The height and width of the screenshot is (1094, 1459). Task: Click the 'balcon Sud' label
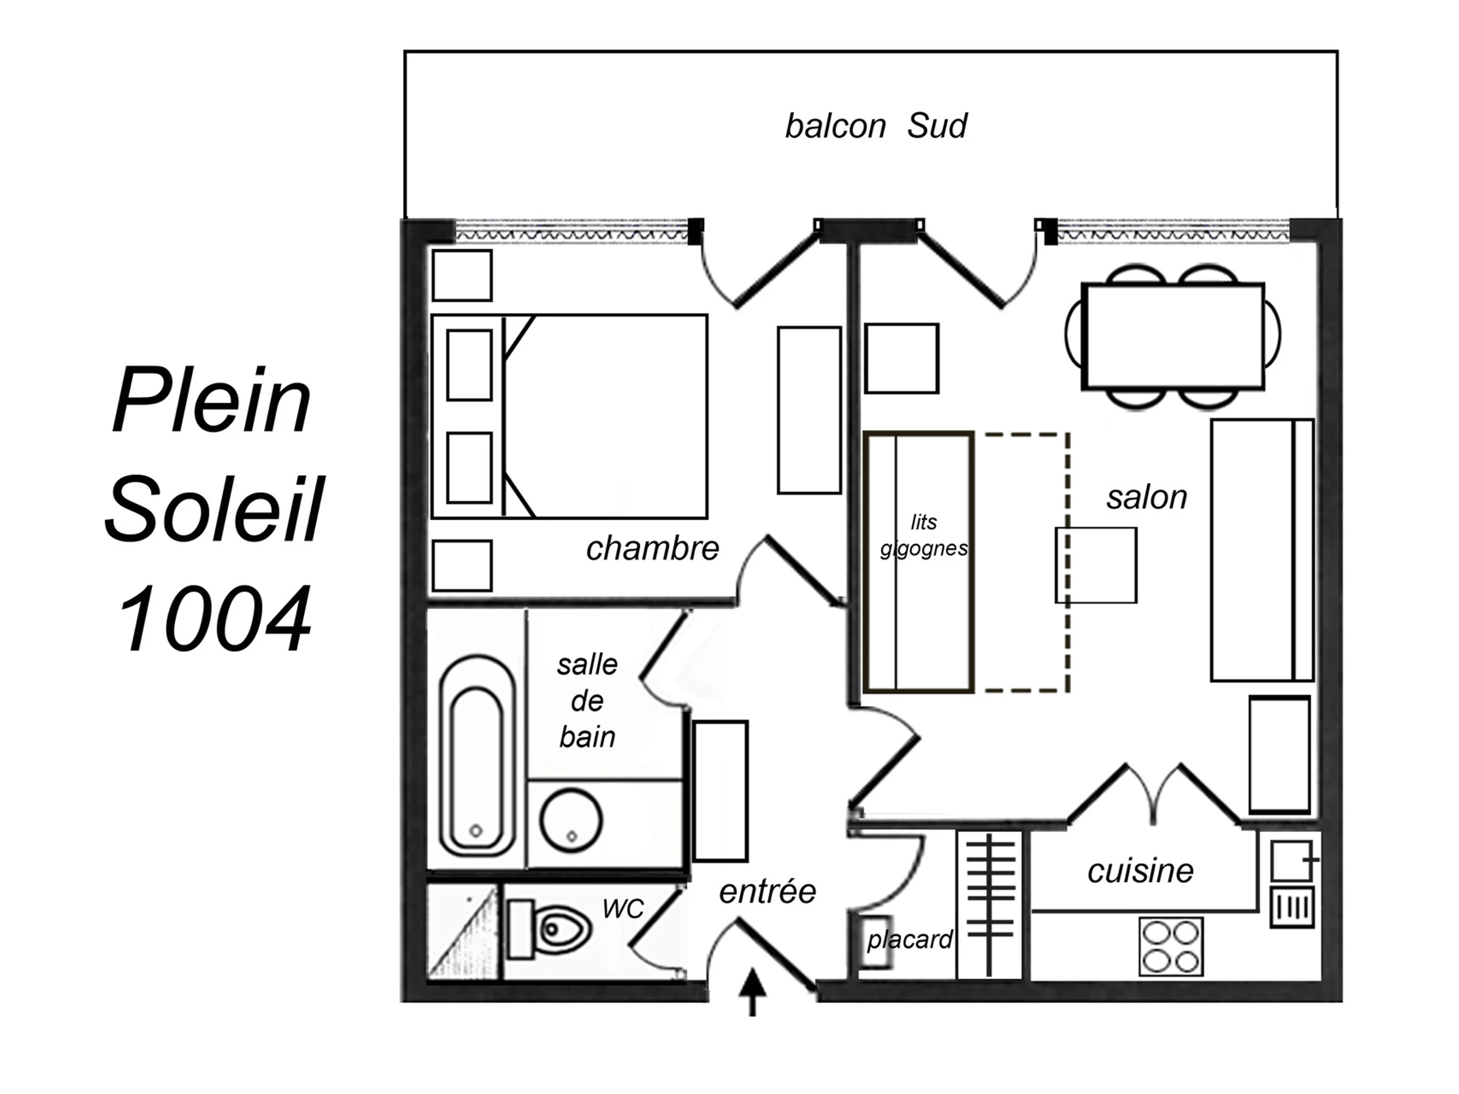click(876, 126)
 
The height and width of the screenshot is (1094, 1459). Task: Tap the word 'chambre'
click(652, 548)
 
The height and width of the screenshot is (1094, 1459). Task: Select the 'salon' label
click(1147, 498)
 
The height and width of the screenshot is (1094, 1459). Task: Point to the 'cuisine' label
click(1140, 871)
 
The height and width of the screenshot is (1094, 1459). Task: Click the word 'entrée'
click(768, 892)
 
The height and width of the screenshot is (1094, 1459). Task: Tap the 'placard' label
click(909, 939)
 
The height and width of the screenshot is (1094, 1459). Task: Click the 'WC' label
click(623, 909)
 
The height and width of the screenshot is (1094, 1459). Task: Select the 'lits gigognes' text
click(924, 535)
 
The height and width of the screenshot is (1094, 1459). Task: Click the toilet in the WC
click(549, 930)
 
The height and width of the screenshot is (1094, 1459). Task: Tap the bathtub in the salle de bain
click(478, 755)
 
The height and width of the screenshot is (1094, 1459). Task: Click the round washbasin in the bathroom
click(571, 821)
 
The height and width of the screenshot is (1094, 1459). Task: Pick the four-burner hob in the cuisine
click(1171, 946)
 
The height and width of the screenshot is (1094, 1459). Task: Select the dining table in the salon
click(1173, 336)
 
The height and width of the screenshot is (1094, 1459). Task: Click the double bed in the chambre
click(570, 417)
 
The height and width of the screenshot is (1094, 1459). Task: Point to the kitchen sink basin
click(1291, 861)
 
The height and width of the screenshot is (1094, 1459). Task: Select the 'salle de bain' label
click(587, 700)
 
